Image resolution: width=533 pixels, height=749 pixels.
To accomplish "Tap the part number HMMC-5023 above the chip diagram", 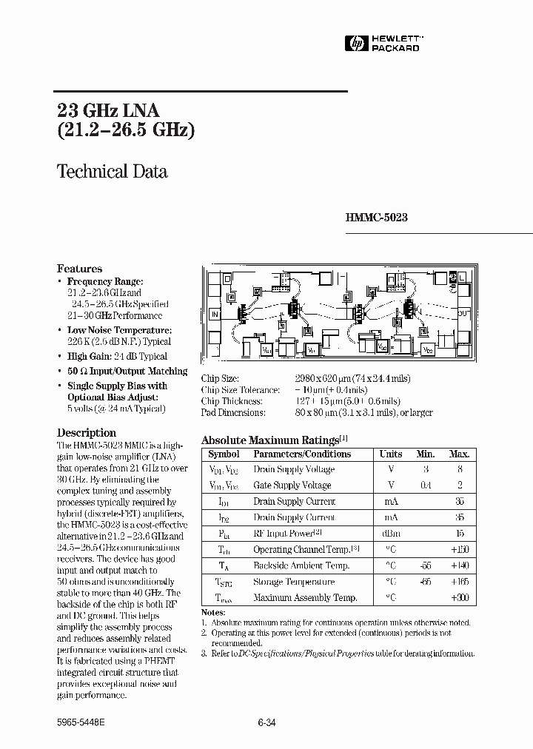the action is click(376, 218).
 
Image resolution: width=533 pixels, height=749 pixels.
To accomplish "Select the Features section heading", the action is click(79, 269).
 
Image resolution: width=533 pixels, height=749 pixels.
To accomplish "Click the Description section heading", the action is click(87, 433).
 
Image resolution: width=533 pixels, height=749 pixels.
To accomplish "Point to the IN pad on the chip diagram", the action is click(215, 315).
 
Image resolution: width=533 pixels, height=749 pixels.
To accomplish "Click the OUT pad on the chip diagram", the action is click(463, 314).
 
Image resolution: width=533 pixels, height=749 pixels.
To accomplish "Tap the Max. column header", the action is click(459, 454).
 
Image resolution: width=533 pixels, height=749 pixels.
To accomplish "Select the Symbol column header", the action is click(224, 454).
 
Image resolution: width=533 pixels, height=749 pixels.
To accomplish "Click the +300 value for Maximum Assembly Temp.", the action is click(460, 597).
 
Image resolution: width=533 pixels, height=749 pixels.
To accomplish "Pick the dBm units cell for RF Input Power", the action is click(390, 533).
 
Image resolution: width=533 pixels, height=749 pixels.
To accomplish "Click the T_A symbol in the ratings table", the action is click(223, 565).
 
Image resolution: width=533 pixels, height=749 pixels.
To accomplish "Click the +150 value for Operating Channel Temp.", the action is click(460, 549).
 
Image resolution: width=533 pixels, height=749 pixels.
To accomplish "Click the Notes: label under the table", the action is click(212, 613).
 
